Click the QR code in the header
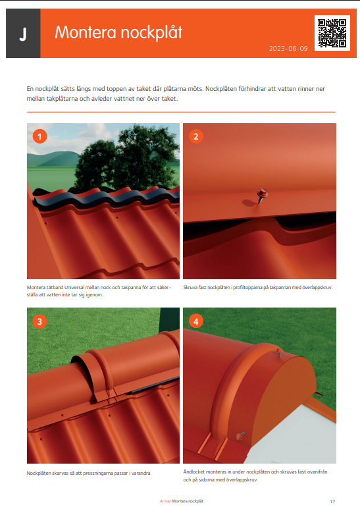332,32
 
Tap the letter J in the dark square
23,34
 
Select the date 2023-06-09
288,49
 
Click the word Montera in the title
86,32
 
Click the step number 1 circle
39,136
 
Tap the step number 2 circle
196,136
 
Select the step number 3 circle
39,321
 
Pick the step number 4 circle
196,321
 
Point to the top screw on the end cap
279,352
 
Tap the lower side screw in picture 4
240,435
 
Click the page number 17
332,502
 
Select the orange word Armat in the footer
165,501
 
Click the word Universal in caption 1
74,287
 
